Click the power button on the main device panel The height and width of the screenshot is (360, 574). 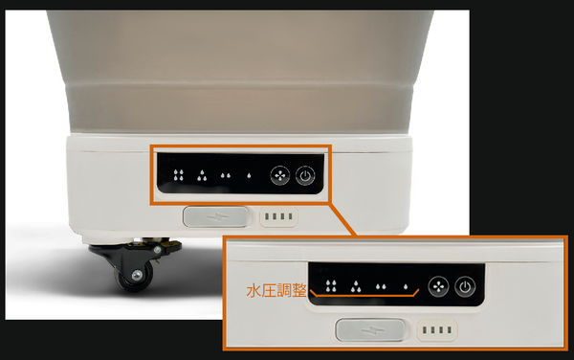pos(305,176)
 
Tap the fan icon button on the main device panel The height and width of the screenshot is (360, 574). pos(280,176)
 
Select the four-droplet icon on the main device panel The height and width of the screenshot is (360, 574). pos(179,175)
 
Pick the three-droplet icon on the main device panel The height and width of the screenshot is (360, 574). pos(202,175)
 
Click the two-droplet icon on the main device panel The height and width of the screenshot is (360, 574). pos(226,176)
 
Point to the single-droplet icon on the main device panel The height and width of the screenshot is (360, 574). pos(249,176)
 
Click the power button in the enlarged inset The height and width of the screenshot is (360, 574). pos(465,286)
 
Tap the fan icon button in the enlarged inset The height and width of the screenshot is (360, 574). pos(438,286)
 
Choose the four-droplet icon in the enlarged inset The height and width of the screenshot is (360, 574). pos(331,286)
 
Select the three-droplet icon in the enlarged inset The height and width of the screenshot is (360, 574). pos(356,286)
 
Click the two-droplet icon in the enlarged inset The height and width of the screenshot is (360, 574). pos(381,286)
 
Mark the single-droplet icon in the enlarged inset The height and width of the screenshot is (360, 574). pos(406,286)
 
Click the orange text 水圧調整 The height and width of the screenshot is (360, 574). pos(276,290)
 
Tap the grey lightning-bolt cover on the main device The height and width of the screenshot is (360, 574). pos(215,216)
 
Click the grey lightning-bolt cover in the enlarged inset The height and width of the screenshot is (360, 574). pos(370,329)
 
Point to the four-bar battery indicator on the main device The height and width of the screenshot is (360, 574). pos(278,216)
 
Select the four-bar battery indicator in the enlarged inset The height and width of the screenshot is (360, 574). pos(437,330)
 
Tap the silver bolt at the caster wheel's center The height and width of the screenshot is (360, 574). pos(137,275)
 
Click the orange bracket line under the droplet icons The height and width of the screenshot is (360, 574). pos(364,294)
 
